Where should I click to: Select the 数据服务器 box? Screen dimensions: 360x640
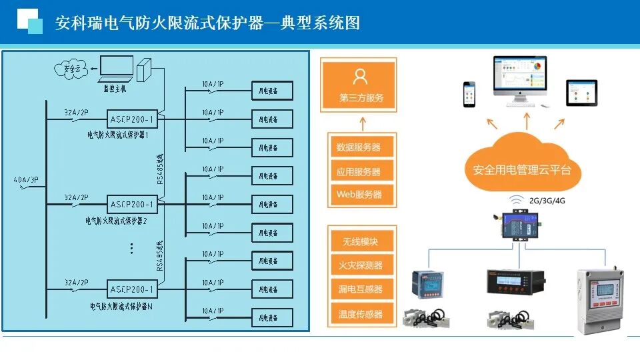pyautogui.click(x=359, y=147)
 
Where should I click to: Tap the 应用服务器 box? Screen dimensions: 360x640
pyautogui.click(x=359, y=171)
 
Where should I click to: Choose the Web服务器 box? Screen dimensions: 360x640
pyautogui.click(x=359, y=195)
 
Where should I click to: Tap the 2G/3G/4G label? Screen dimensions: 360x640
pyautogui.click(x=547, y=200)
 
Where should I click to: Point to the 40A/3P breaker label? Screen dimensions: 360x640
pyautogui.click(x=25, y=180)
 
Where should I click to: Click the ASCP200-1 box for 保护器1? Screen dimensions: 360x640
pyautogui.click(x=132, y=119)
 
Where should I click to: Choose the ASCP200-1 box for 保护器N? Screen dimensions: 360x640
pyautogui.click(x=132, y=290)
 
